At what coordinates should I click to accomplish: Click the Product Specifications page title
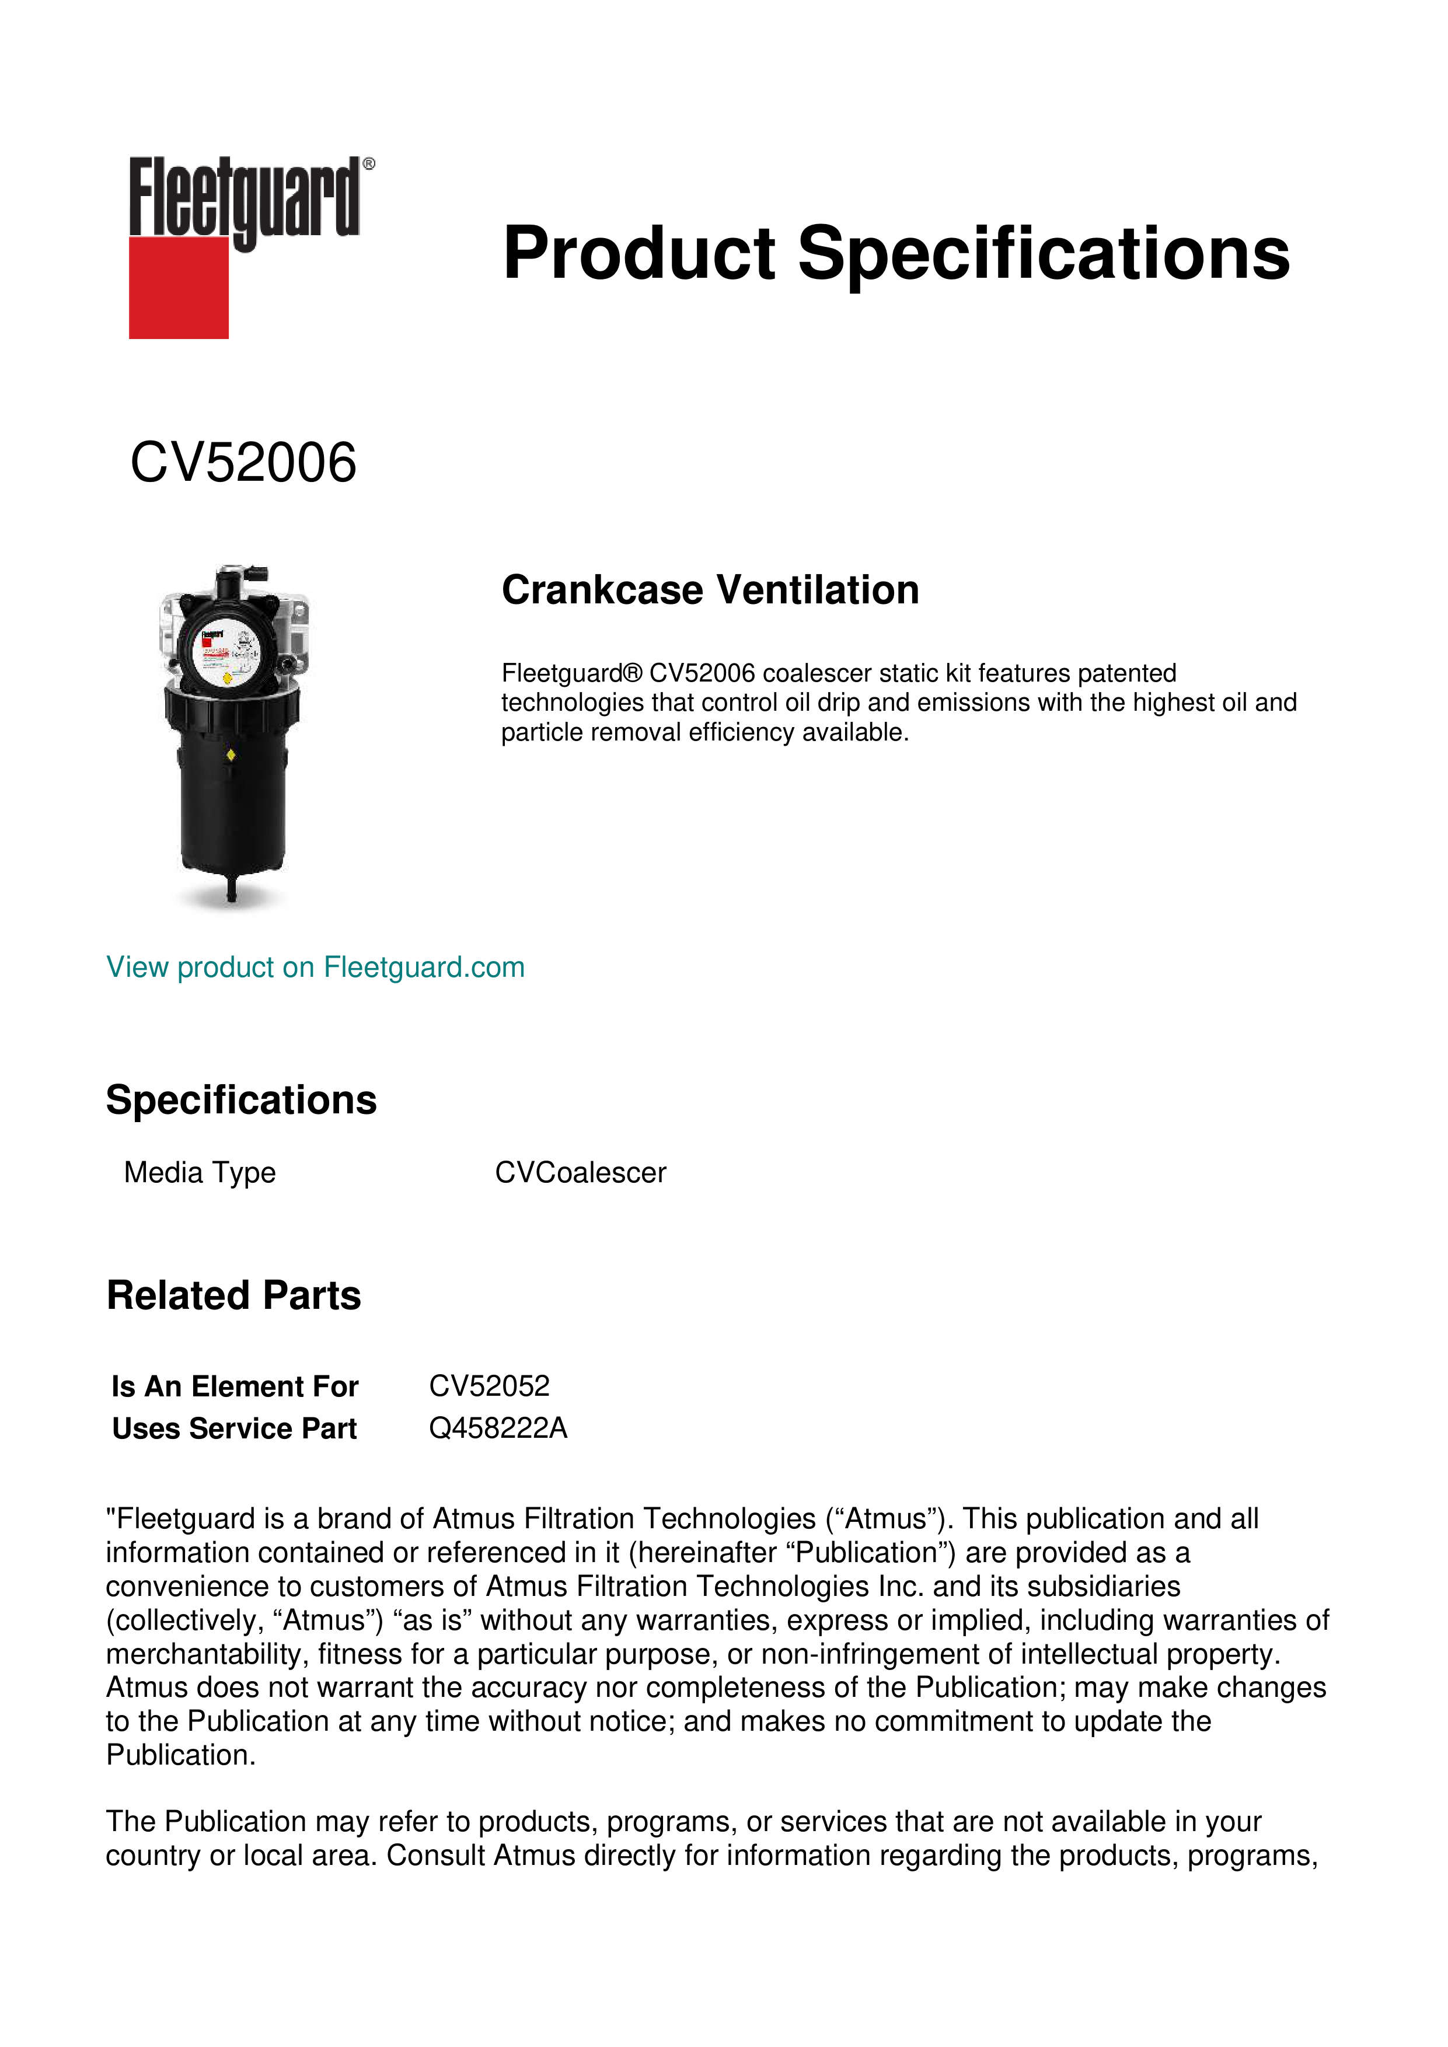(895, 253)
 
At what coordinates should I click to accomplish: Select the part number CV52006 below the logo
(243, 463)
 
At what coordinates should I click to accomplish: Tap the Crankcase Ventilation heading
(710, 590)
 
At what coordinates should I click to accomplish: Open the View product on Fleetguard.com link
(316, 967)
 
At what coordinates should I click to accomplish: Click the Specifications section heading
(240, 1100)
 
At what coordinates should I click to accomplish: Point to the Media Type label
(200, 1172)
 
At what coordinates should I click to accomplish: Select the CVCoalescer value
(581, 1172)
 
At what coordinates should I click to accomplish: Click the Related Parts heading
(233, 1295)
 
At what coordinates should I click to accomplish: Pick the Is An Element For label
(235, 1386)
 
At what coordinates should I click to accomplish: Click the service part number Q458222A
(497, 1428)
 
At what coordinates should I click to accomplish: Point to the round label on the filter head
(228, 655)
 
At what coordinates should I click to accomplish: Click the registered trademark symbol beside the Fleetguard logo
(369, 164)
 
